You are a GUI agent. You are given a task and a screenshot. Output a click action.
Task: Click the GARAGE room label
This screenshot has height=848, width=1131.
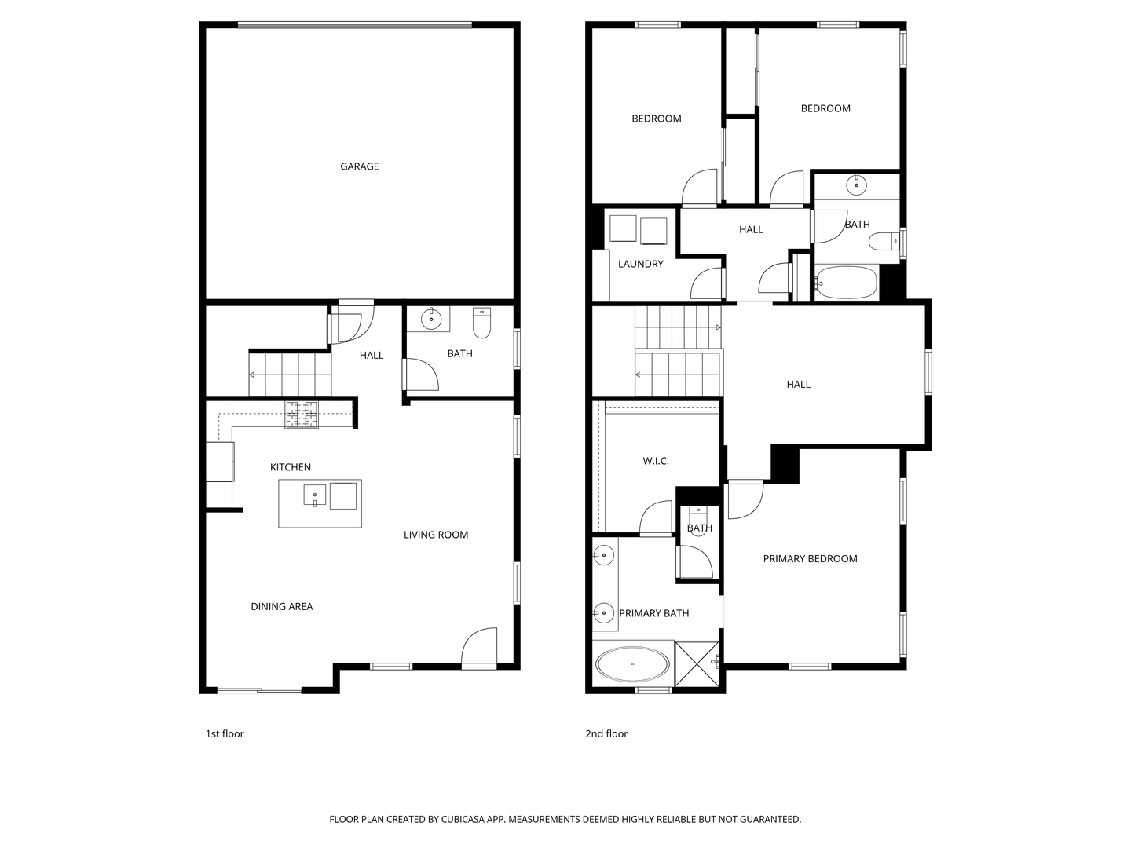[359, 166]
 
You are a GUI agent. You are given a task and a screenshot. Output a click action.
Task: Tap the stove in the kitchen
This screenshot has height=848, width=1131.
[302, 415]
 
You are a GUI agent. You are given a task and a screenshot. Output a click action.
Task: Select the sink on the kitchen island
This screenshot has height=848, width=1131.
[315, 495]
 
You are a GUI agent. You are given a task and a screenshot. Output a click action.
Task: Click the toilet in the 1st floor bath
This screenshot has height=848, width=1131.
[481, 323]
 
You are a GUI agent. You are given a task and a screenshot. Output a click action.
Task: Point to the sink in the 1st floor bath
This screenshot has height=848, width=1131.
[431, 320]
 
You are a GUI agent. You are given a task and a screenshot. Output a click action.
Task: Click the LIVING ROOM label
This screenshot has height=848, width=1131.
[436, 535]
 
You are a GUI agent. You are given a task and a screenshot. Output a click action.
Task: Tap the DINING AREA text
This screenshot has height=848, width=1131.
[281, 606]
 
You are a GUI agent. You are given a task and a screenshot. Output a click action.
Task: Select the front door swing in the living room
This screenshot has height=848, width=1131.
[479, 648]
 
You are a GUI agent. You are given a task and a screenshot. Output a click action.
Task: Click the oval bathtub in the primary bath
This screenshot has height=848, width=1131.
[632, 664]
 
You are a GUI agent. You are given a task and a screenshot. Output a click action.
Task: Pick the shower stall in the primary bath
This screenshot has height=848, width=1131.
[697, 663]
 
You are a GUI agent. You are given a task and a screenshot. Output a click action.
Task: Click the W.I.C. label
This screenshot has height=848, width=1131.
[656, 461]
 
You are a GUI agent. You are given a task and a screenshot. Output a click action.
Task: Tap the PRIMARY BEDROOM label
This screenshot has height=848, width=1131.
[810, 559]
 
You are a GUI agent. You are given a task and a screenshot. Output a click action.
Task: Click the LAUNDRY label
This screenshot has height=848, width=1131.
[640, 264]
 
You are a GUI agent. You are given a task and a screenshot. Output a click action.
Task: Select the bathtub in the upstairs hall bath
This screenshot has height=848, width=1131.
[847, 283]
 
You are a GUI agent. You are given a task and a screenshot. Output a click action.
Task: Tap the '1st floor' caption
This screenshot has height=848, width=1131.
[225, 733]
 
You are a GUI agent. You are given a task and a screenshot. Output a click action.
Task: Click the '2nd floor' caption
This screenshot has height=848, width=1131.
[606, 733]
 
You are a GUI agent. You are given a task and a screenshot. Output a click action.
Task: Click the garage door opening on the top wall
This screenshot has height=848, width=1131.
[355, 25]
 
